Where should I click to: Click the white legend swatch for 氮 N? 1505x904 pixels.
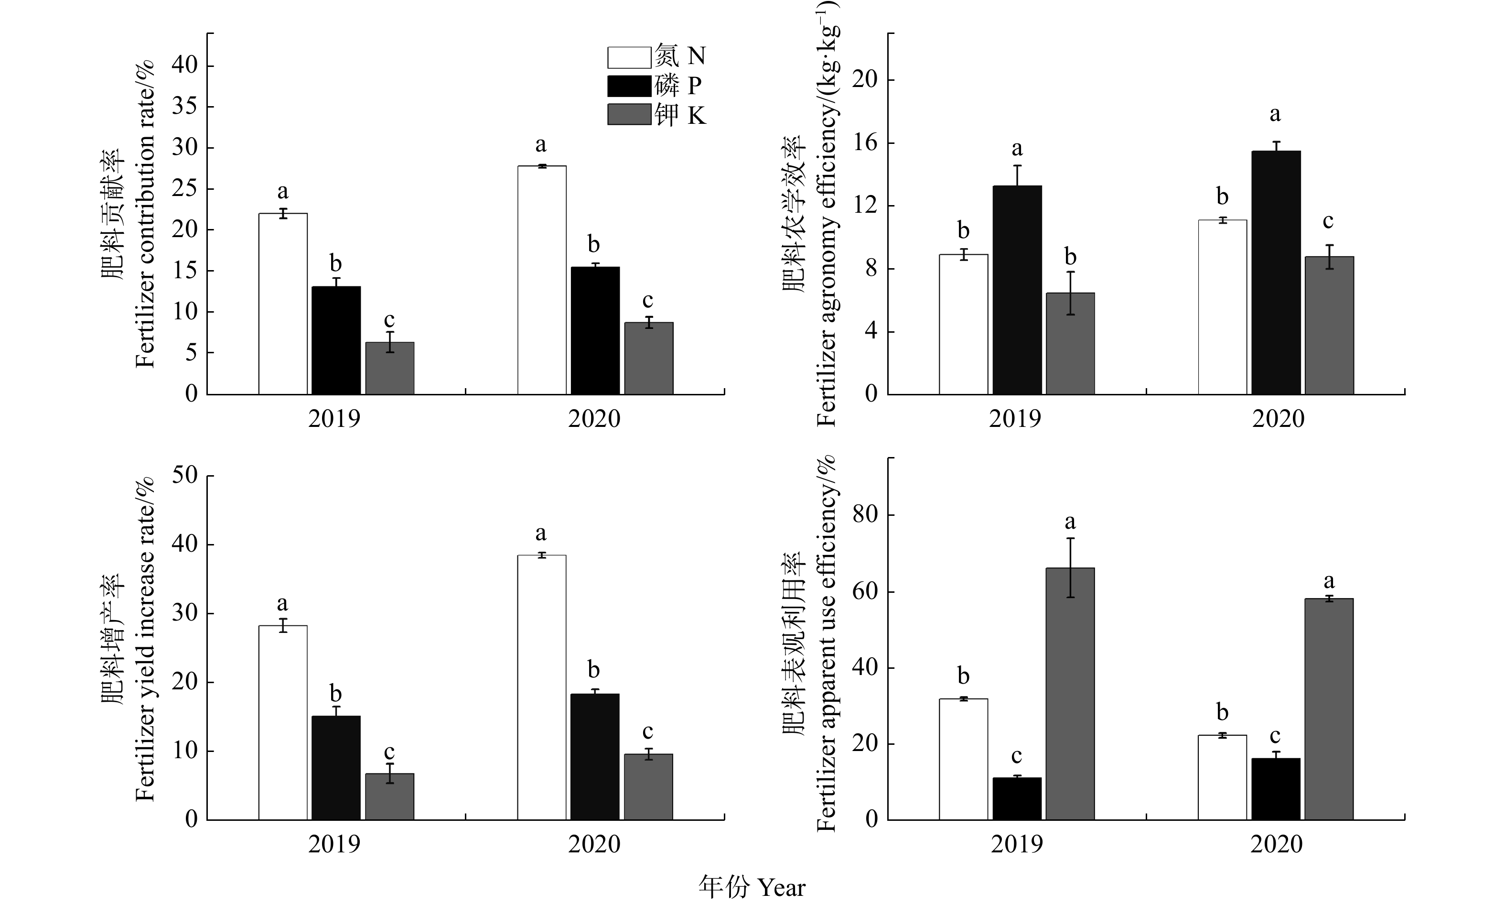tap(629, 57)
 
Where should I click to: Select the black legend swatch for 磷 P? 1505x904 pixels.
tap(629, 86)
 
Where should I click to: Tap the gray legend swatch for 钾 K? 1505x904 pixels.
tap(629, 115)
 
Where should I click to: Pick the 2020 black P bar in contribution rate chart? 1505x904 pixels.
tap(595, 330)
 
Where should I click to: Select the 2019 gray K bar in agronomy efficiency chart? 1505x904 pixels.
tap(1070, 344)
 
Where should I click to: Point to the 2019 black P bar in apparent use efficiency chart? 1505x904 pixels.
tap(1017, 799)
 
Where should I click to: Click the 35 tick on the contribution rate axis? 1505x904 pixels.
tap(184, 107)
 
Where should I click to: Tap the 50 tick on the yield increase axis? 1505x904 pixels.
tap(184, 476)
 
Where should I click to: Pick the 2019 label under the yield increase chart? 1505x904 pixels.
tap(334, 844)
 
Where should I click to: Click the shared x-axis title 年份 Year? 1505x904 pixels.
tap(752, 887)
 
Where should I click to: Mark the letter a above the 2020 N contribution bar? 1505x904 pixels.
tap(541, 145)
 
